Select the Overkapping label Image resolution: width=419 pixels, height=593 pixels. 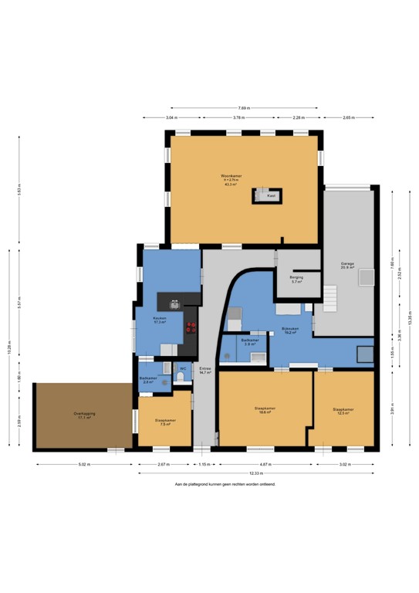click(84, 415)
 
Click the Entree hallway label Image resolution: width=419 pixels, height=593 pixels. click(204, 371)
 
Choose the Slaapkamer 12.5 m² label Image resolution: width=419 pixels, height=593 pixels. click(343, 412)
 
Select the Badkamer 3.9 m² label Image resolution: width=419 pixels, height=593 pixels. click(248, 341)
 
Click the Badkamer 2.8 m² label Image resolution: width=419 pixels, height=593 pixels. click(148, 380)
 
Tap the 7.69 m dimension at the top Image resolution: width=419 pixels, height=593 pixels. click(244, 108)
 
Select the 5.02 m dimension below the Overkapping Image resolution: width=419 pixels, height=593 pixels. click(84, 464)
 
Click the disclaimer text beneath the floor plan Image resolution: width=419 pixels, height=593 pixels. click(225, 484)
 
